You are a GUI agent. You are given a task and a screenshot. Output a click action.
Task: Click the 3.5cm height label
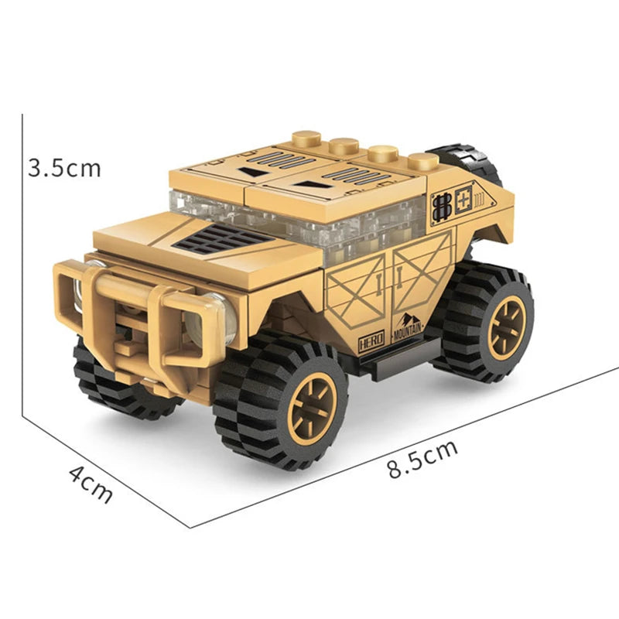coord(64,168)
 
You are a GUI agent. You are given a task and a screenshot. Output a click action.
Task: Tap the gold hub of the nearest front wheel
coord(312,408)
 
